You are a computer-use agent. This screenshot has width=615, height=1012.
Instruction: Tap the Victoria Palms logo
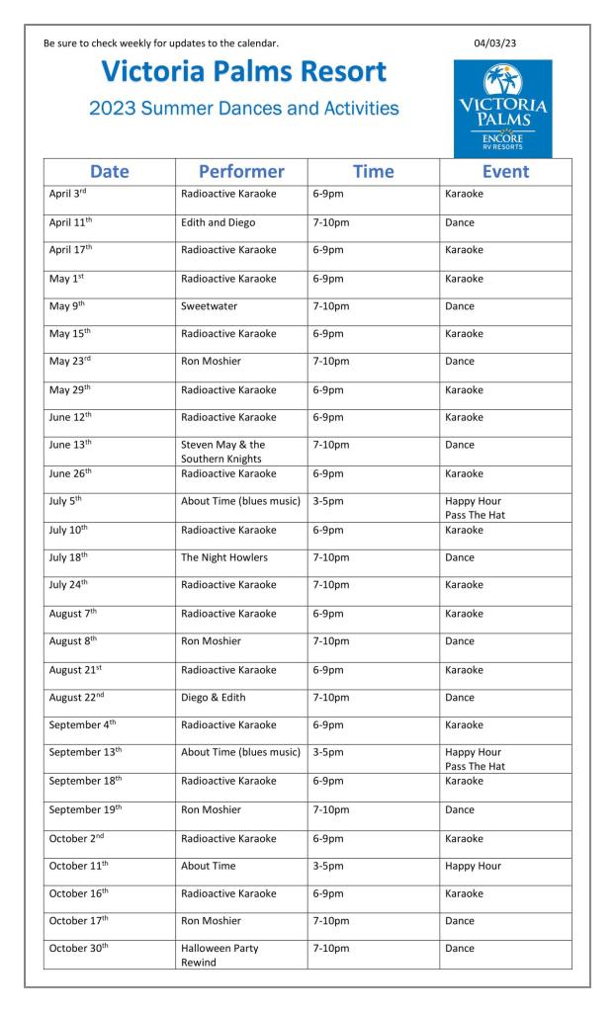(502, 110)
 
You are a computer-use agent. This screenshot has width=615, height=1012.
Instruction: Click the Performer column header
(241, 171)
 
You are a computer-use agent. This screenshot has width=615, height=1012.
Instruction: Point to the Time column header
(373, 171)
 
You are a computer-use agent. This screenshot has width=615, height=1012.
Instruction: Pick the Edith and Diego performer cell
(218, 222)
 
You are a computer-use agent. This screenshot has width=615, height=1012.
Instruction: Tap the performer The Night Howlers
(224, 557)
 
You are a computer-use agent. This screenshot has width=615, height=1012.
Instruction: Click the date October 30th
(75, 949)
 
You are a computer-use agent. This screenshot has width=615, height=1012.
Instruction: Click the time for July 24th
(330, 585)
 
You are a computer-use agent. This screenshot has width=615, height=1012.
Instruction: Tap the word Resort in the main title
(325, 72)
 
